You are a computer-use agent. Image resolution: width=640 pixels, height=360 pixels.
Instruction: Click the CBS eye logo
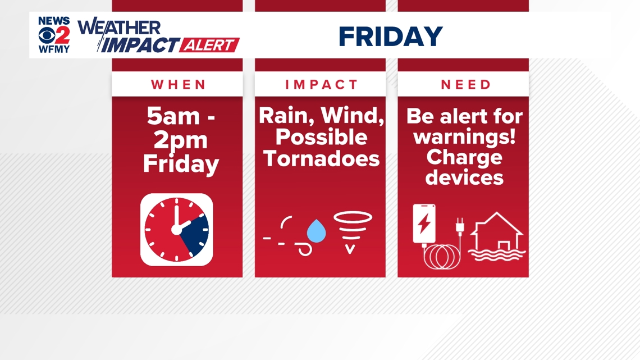(47, 35)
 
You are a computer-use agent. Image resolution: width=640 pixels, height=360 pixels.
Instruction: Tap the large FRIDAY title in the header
(391, 37)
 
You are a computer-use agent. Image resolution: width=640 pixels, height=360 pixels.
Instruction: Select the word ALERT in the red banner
(209, 45)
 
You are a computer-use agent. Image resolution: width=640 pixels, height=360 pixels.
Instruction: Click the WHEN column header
(179, 85)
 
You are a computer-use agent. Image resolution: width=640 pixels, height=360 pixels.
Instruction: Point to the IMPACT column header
(321, 85)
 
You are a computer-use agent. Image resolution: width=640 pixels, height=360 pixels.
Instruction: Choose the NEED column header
(466, 85)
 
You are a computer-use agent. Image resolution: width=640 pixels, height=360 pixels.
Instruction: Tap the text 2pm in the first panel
(181, 140)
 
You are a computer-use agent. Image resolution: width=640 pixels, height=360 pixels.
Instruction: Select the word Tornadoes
(321, 158)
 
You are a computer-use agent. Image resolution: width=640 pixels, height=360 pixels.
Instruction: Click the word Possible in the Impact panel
(321, 138)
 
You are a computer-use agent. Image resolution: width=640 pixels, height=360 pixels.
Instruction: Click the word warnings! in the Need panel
(464, 137)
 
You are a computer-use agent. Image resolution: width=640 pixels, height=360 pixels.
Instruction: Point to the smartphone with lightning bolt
(424, 224)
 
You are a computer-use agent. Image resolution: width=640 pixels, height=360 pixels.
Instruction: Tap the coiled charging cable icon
(442, 257)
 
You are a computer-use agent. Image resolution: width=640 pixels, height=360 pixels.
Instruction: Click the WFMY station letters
(54, 49)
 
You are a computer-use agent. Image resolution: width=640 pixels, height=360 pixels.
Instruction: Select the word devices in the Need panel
(464, 177)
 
